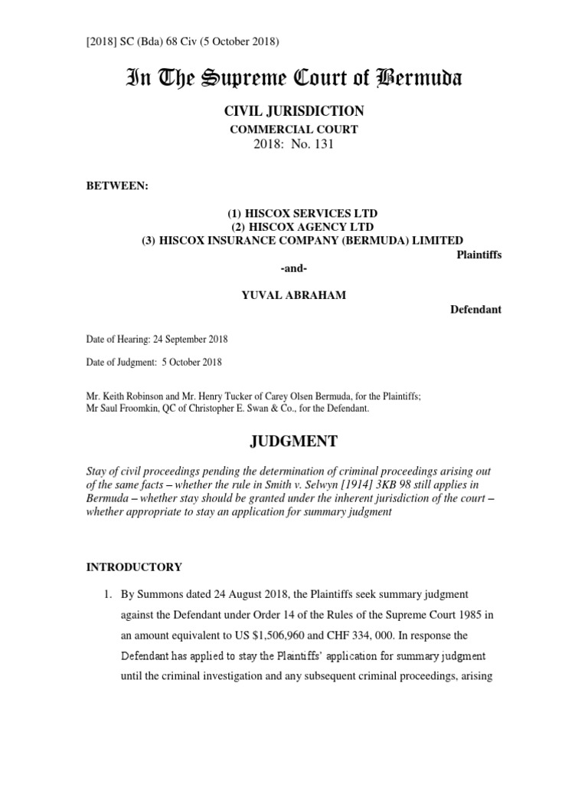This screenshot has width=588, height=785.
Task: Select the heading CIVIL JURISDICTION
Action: (294, 111)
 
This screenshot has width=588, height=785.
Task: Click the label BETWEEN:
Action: (113, 186)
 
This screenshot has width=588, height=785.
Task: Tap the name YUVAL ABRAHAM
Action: (294, 296)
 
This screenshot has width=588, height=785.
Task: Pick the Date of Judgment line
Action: (153, 362)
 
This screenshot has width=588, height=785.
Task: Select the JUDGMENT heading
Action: (294, 442)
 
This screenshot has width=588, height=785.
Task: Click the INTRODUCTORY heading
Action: (133, 567)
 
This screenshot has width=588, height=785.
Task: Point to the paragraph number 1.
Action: (109, 594)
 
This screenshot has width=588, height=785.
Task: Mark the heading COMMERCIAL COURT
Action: (294, 129)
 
